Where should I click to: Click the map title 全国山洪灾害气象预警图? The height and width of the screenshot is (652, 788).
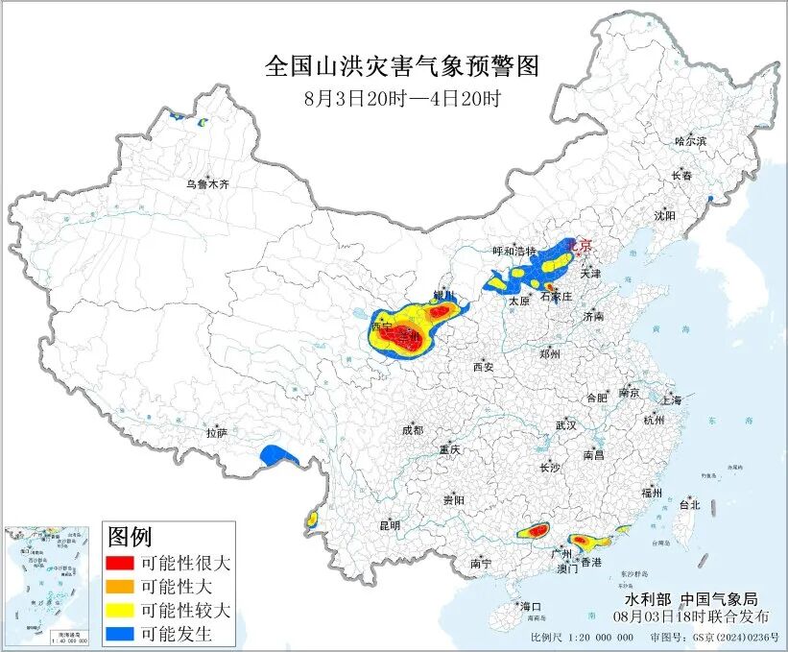click(402, 66)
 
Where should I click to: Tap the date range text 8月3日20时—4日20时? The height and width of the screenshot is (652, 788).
click(402, 97)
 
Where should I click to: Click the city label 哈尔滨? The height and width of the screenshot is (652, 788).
click(689, 141)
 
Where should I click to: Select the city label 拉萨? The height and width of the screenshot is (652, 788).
click(216, 433)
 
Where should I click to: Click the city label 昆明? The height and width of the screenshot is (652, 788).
click(389, 525)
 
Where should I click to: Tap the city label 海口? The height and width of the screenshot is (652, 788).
click(531, 607)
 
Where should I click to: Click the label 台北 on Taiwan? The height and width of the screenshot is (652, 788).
click(689, 504)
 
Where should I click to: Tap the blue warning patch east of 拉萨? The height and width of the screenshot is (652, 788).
click(280, 455)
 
